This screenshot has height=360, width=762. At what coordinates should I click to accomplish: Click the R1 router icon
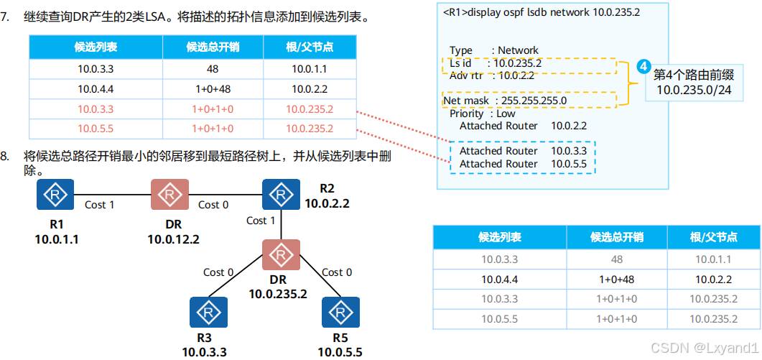55,195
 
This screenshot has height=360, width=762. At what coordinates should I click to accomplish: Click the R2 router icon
281,194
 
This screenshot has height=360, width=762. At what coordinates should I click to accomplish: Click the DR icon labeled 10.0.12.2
169,195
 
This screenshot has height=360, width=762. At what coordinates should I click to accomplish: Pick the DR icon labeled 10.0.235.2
280,255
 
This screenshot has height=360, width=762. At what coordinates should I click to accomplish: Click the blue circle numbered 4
643,68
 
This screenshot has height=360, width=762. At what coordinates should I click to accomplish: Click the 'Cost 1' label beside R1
100,205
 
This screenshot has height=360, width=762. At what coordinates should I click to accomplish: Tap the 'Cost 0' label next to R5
337,272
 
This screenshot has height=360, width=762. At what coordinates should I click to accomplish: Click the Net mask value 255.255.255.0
534,101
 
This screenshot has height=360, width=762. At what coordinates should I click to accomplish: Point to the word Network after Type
518,50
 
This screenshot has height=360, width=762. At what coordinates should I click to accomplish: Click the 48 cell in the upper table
212,69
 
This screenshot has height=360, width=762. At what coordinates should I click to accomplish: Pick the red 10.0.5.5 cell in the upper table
96,129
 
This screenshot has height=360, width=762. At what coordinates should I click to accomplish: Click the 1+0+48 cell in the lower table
616,279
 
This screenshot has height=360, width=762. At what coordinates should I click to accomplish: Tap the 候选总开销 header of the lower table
616,237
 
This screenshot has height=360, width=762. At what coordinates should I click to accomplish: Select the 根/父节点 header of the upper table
310,47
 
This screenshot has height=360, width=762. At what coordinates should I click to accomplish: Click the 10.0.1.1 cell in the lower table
713,259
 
